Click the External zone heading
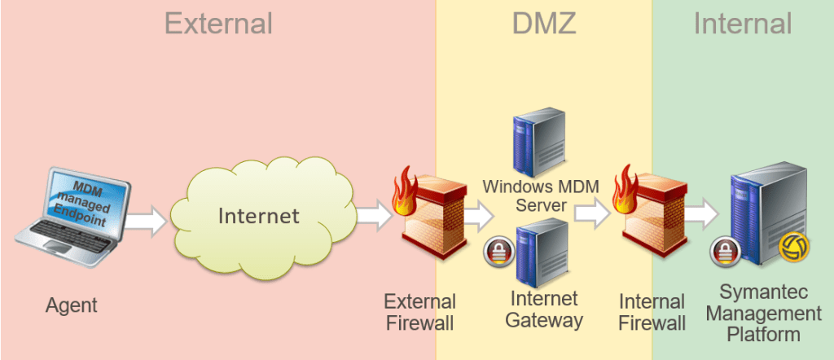coord(218,24)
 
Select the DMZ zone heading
coord(544,24)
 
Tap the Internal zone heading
coord(743,24)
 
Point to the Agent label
coord(72,306)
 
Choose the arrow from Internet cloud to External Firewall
coord(375,215)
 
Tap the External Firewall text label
coord(419,313)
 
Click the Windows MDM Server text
coord(541,195)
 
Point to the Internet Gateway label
coord(544,309)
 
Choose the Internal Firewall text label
coord(652,313)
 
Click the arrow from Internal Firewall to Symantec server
coord(701,213)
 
